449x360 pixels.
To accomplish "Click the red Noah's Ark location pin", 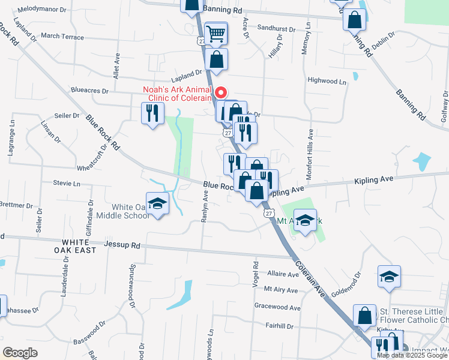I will (220, 93).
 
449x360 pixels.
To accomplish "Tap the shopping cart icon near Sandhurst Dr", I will (215, 34).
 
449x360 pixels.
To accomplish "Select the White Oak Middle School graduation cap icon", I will (157, 203).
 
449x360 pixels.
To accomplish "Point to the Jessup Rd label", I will (122, 245).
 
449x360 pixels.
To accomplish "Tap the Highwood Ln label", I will (327, 80).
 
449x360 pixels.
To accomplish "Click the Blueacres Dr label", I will (89, 92).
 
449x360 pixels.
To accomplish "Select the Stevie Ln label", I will (66, 183).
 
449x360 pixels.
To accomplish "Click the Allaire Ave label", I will (283, 274).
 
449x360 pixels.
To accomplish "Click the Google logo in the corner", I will (20, 353).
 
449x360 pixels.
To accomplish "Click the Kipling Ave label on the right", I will (373, 179).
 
